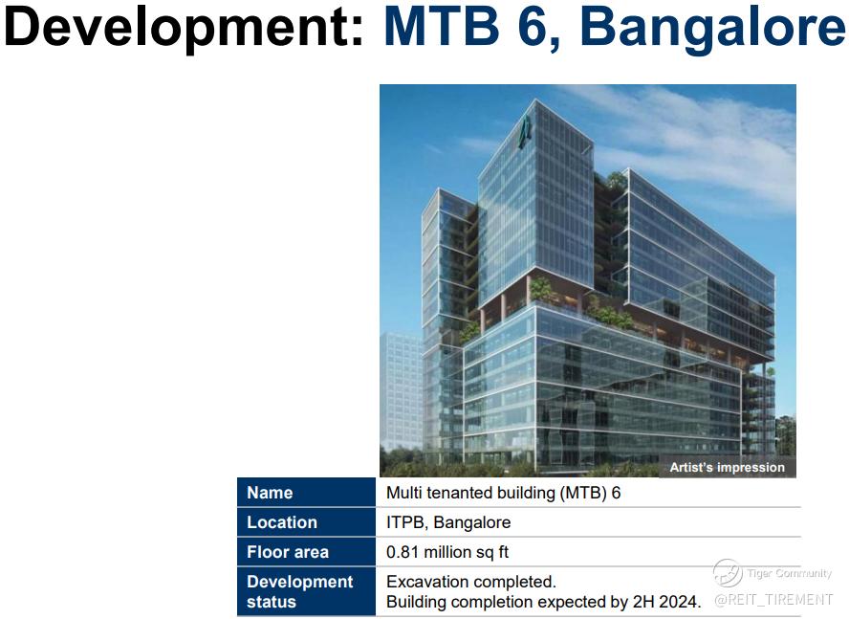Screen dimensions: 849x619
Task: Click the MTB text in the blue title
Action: click(x=442, y=26)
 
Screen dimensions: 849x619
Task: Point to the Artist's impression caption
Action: click(x=727, y=467)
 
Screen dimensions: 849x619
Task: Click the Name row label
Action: click(x=270, y=493)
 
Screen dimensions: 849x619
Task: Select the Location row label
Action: click(x=281, y=522)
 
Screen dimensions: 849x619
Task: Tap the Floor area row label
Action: click(x=288, y=552)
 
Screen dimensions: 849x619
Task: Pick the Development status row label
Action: click(x=299, y=591)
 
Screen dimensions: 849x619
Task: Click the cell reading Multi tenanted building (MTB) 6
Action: click(x=503, y=493)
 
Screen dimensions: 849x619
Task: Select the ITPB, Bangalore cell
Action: click(x=448, y=522)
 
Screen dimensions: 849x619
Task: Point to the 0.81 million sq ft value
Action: click(x=447, y=552)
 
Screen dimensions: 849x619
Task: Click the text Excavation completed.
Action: click(x=471, y=582)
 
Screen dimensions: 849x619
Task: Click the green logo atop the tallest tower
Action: click(x=524, y=133)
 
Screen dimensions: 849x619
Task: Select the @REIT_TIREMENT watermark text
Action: click(x=773, y=599)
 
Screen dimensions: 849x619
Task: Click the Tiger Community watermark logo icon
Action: click(x=728, y=573)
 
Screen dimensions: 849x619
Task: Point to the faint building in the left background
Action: click(x=402, y=391)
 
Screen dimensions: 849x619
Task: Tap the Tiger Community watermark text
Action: click(x=789, y=573)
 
